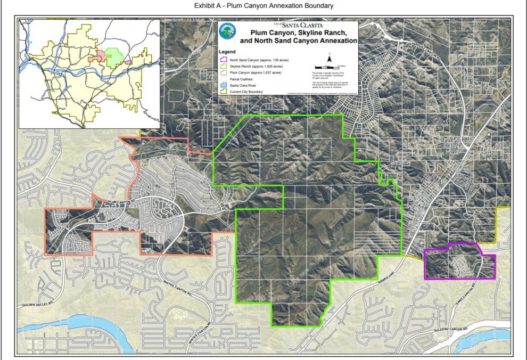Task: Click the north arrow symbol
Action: [x=330, y=59]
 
